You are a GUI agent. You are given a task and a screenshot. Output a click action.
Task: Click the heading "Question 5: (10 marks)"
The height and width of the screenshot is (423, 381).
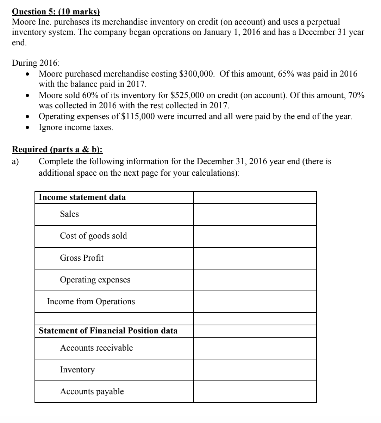[x=56, y=12]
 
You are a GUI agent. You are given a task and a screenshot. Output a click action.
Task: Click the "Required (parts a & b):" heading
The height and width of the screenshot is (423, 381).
[x=57, y=149]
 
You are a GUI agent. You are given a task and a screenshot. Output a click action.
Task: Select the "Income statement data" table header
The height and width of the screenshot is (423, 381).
[x=82, y=197]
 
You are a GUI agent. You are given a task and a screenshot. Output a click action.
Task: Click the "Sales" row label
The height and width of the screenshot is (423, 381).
[x=69, y=214]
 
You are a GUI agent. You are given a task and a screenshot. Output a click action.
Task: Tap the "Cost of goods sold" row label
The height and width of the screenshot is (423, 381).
[x=93, y=236]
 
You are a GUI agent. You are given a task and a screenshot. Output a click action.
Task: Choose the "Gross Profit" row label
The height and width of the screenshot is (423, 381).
[x=82, y=258]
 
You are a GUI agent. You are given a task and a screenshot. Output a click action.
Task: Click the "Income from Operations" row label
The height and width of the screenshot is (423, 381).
[x=91, y=301]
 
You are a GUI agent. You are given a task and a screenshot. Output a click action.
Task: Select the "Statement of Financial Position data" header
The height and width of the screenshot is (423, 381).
[x=108, y=331]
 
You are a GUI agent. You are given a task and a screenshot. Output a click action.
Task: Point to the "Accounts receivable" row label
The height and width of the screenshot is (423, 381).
[x=96, y=348]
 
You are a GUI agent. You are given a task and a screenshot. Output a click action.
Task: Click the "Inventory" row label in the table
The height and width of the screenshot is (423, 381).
[x=77, y=370]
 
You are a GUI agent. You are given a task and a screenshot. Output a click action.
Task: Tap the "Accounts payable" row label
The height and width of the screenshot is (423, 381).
[x=92, y=391]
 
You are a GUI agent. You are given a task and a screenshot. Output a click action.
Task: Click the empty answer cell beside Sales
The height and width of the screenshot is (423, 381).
[x=255, y=214]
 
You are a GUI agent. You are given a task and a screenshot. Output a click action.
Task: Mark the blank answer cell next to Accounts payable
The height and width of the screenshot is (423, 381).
[x=255, y=392]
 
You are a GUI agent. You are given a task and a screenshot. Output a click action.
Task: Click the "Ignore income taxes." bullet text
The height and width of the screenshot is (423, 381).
[x=76, y=127]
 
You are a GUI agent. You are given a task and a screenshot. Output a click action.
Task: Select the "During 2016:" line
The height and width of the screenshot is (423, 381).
[x=36, y=63]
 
